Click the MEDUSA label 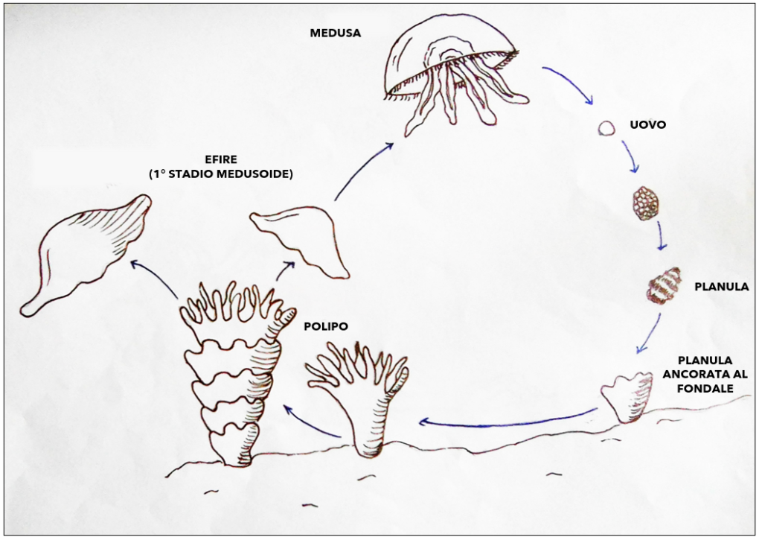(336, 33)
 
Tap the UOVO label (648, 124)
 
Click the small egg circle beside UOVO (606, 128)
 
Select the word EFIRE (221, 159)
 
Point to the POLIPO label (326, 326)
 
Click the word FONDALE (705, 389)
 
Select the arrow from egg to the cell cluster (630, 156)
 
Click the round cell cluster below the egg (646, 203)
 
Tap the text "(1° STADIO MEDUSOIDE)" (221, 174)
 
